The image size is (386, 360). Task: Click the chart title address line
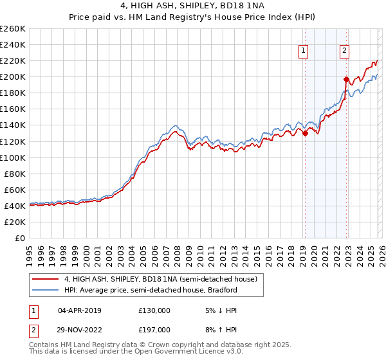(x=192, y=6)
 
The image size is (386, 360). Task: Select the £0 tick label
(x=19, y=238)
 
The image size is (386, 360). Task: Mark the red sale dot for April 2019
(x=305, y=133)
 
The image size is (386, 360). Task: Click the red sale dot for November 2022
(x=346, y=79)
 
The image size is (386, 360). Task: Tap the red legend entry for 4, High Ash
(x=161, y=279)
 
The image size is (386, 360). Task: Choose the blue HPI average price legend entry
(x=151, y=290)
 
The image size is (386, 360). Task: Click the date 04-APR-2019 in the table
(x=79, y=310)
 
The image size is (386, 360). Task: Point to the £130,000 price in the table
(x=154, y=310)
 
